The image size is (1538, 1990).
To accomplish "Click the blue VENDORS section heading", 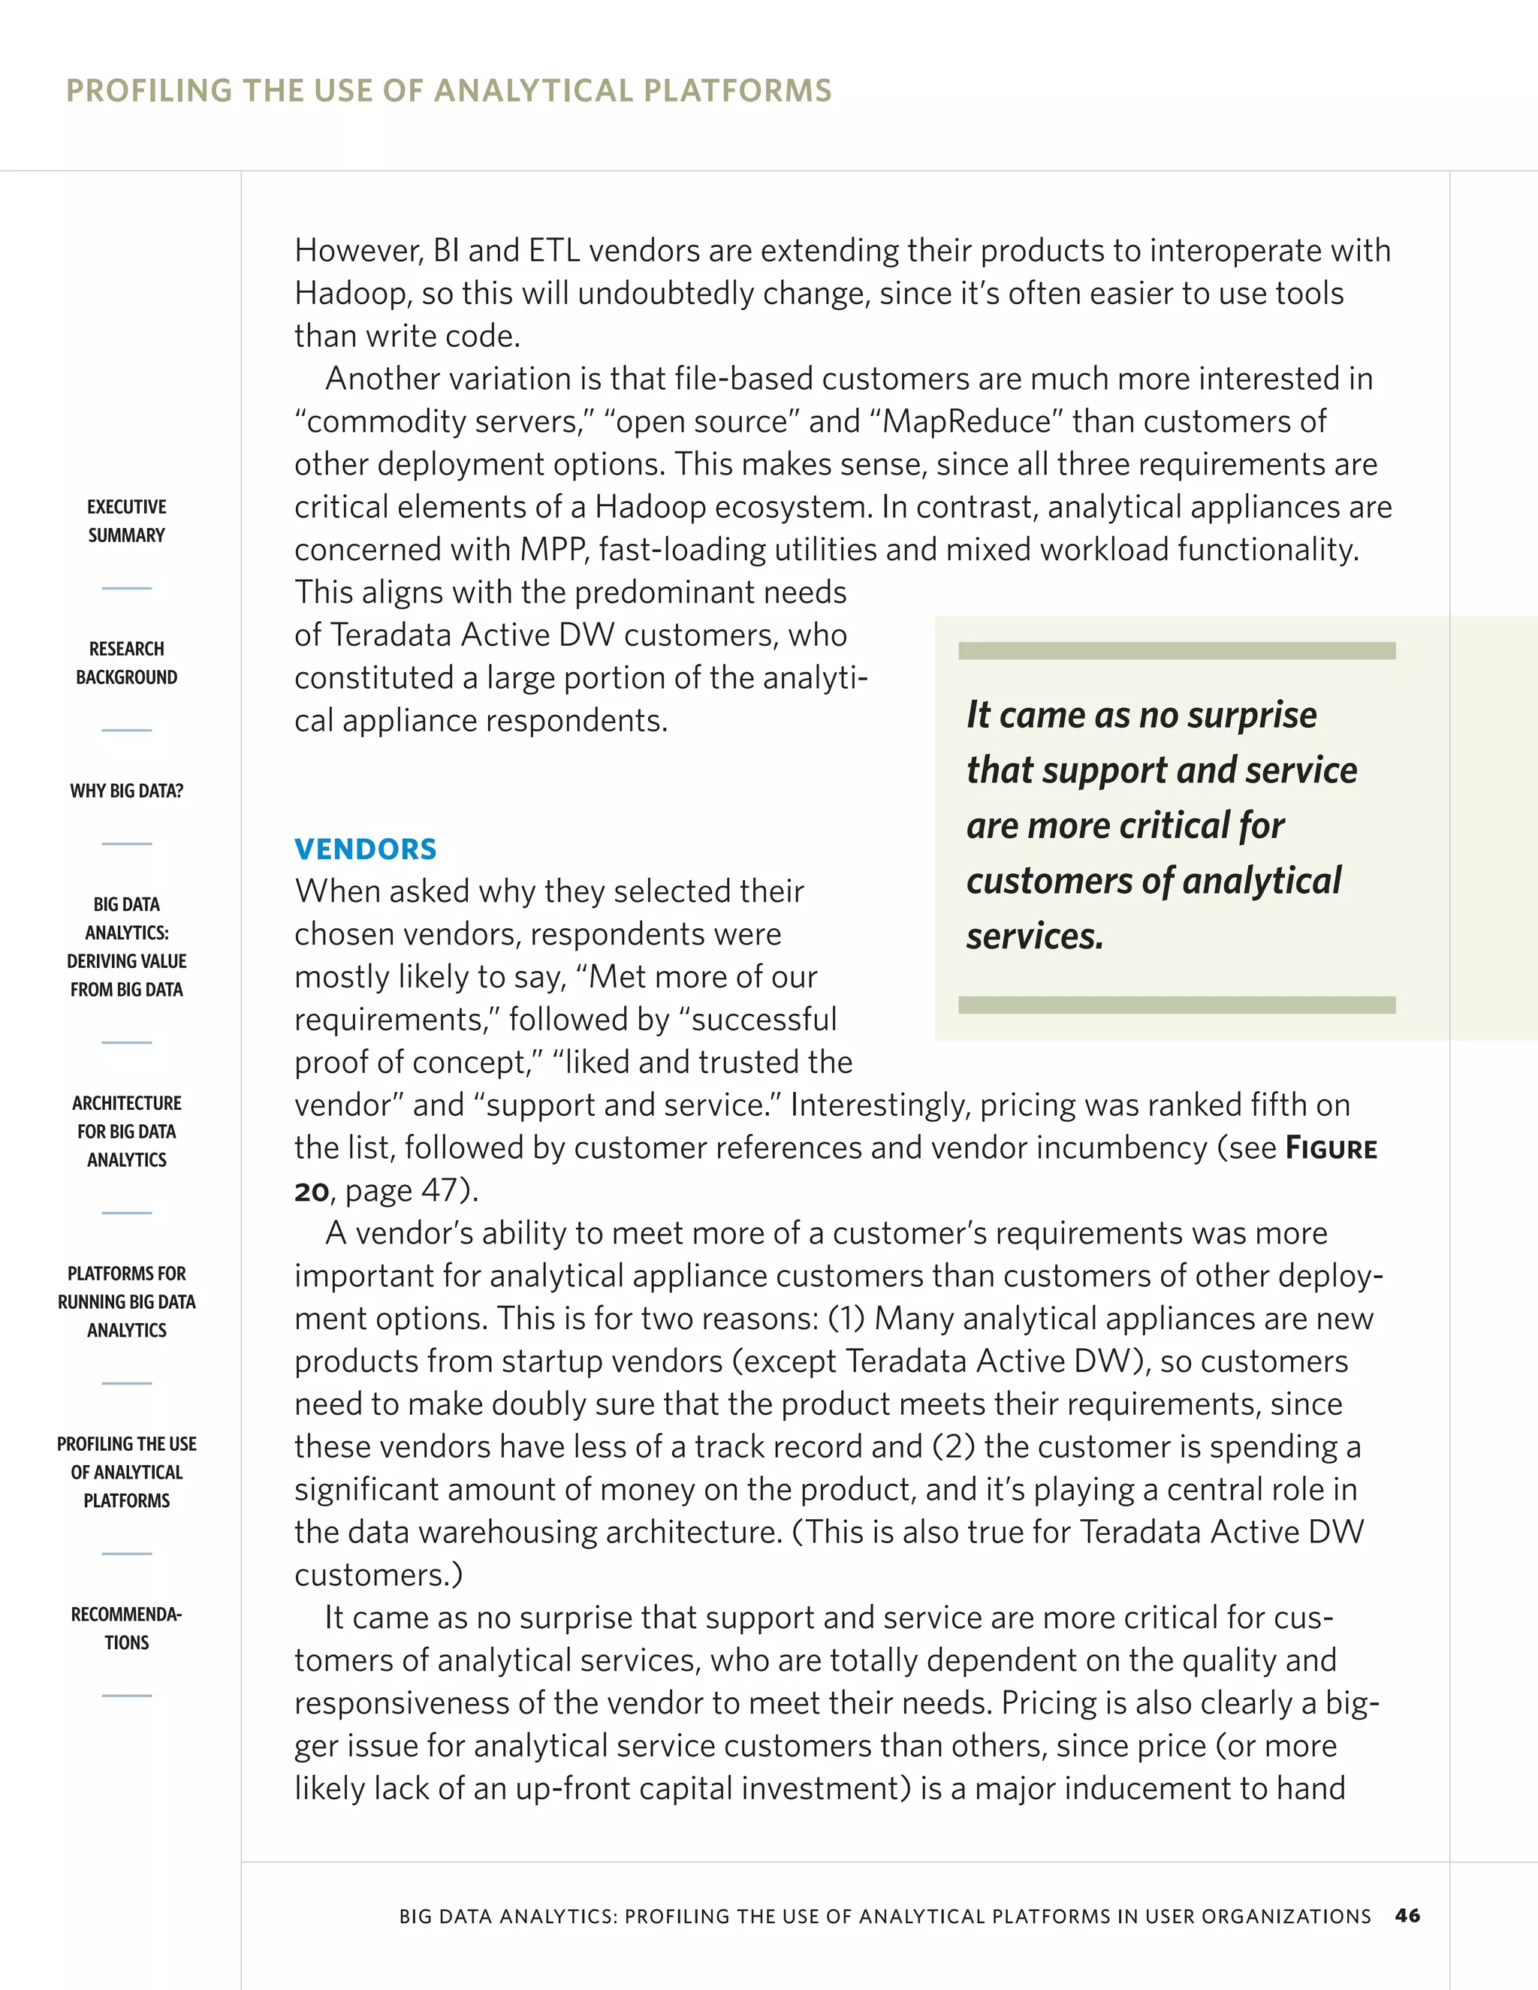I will (x=366, y=849).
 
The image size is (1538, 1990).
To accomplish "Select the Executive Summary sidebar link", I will (x=127, y=521).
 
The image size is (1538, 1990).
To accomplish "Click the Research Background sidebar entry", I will (x=127, y=663).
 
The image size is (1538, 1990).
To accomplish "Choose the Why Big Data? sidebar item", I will (x=127, y=791).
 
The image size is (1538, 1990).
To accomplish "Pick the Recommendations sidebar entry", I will (x=127, y=1628).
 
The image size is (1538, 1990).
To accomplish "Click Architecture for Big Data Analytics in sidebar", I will (x=127, y=1131).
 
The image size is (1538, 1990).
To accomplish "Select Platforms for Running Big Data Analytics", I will (x=127, y=1301).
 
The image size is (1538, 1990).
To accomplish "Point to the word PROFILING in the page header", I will (x=150, y=91).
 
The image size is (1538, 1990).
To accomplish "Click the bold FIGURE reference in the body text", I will (x=1331, y=1148).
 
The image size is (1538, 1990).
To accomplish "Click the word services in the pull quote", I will (x=1034, y=936).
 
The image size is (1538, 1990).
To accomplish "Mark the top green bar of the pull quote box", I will (x=1176, y=650).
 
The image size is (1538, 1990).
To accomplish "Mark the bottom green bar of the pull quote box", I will (x=1176, y=1005).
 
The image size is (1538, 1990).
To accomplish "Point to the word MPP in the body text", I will (x=553, y=550).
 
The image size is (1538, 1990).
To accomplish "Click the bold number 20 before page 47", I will (x=312, y=1192).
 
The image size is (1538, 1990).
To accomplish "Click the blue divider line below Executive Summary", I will (x=127, y=589).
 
